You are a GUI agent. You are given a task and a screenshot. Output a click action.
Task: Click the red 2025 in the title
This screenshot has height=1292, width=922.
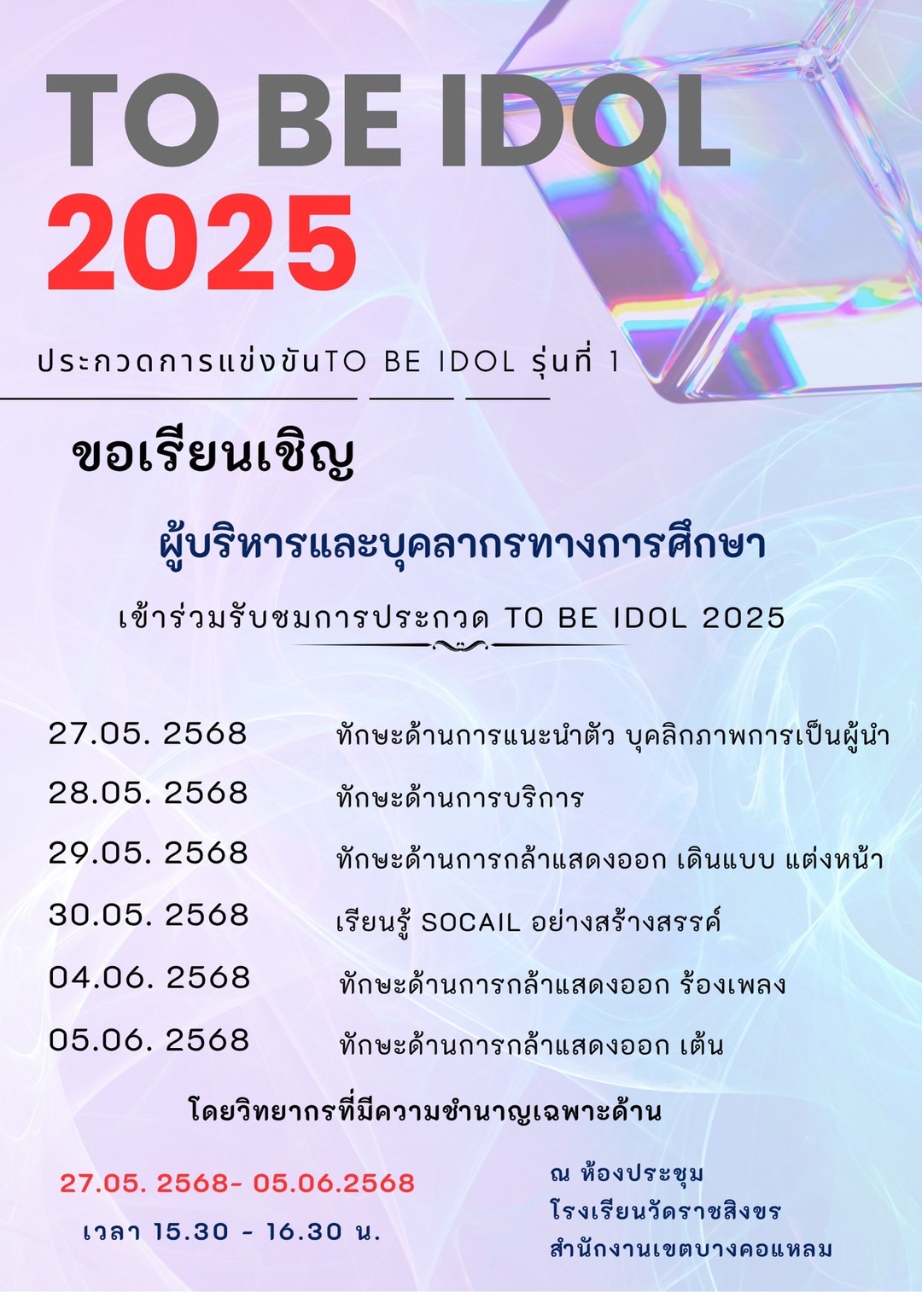[201, 242]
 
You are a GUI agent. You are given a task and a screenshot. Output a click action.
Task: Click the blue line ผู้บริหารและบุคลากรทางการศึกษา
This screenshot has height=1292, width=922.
[462, 546]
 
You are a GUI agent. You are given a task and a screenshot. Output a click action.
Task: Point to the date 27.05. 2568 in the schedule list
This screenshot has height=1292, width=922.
[148, 734]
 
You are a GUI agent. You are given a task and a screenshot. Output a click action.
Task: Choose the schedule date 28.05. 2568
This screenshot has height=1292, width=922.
[148, 793]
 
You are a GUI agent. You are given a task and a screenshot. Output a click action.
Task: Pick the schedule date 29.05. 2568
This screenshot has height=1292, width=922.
[149, 853]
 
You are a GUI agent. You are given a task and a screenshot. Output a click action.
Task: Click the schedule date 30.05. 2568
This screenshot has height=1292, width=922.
[149, 915]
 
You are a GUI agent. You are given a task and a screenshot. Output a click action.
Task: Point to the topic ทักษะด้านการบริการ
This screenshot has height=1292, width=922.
[460, 797]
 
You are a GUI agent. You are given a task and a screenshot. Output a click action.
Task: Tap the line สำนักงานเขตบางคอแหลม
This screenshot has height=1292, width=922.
[691, 1248]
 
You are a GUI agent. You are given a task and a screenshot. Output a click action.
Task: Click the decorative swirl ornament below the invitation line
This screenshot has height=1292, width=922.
[461, 645]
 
